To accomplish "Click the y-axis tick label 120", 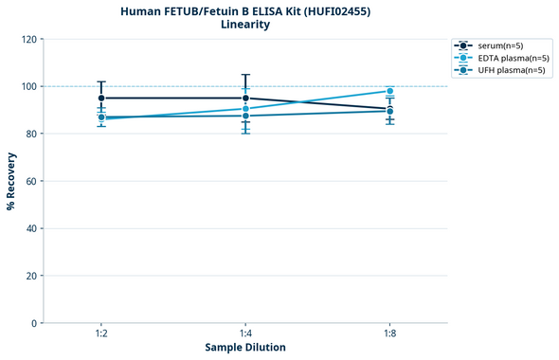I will tap(28, 39).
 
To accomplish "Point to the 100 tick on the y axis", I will tap(28, 86).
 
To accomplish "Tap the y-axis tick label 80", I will tap(31, 134).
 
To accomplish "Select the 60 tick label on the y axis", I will tap(31, 181).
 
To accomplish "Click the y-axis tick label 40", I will tap(31, 228).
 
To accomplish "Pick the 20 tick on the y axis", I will tap(31, 276).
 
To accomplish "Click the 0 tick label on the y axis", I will tap(34, 323).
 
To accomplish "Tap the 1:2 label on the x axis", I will tap(100, 334).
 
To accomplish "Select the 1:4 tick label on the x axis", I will tap(245, 334).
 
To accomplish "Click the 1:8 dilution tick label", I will tap(389, 334).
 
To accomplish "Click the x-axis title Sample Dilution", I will tap(245, 348).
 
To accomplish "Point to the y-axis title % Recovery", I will tap(11, 181).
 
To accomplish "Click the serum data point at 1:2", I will tap(101, 98).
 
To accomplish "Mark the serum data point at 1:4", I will tap(245, 98).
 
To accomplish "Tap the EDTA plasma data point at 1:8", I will tap(389, 91).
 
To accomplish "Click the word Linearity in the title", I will tap(244, 25).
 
